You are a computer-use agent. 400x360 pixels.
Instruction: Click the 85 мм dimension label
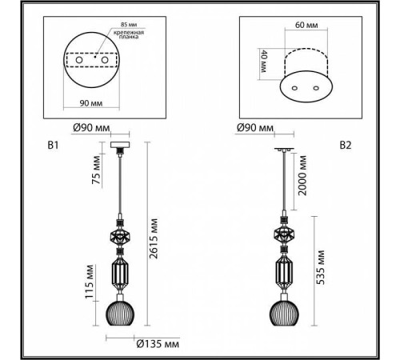point(129,25)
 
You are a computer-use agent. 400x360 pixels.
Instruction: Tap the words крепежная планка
point(129,34)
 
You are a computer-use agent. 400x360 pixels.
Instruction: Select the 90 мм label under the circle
point(91,103)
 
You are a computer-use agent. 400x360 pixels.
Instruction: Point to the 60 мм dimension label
point(306,25)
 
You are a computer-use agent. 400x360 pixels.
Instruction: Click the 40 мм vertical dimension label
point(263,62)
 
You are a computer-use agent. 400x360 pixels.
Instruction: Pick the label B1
point(53,146)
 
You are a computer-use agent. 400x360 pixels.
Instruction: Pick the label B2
point(346,146)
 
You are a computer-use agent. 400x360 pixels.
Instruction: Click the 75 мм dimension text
point(96,170)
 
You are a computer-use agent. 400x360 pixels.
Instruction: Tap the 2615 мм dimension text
point(154,238)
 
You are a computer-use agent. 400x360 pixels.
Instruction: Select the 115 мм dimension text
point(90,282)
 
